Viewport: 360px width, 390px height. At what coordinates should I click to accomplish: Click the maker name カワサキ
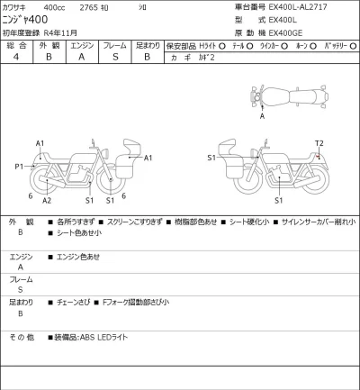pos(19,5)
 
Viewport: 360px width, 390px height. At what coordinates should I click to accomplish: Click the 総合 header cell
pos(16,44)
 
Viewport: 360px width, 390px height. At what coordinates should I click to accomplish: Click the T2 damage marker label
pos(319,144)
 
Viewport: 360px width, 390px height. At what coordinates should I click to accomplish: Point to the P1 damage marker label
pos(18,167)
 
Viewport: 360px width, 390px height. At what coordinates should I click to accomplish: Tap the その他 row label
pos(22,338)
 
